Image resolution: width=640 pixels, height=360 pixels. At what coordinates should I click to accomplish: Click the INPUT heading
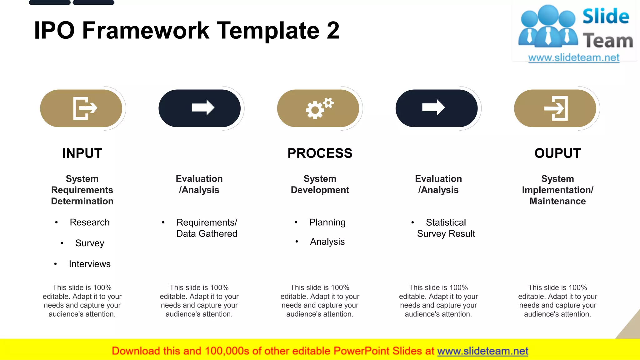82,153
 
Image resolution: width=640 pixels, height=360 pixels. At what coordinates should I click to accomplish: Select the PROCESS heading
320,153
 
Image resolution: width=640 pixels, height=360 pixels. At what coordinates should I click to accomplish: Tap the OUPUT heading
557,153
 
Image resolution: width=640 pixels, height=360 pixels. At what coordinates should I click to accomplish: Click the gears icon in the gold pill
319,108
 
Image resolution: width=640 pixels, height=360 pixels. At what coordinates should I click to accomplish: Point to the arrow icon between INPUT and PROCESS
203,108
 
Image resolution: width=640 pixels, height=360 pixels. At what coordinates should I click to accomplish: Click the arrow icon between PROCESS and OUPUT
433,108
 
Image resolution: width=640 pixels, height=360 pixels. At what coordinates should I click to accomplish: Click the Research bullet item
90,222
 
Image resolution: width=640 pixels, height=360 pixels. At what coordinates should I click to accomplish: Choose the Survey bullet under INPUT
90,243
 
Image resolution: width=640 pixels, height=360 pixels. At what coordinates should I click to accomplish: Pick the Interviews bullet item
90,264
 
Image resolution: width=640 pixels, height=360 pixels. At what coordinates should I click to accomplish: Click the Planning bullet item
327,222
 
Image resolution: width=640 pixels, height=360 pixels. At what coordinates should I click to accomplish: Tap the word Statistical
446,222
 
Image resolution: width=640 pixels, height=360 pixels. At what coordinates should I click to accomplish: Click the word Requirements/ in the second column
207,222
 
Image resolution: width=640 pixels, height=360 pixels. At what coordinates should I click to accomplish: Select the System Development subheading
320,184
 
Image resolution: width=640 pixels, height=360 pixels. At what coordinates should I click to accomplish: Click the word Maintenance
557,201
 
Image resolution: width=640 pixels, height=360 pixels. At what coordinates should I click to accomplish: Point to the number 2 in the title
333,31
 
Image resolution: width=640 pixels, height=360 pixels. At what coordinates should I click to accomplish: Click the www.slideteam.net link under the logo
574,58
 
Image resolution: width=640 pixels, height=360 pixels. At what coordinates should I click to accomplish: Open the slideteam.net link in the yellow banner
482,351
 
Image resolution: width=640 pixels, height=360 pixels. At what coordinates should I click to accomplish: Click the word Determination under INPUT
82,201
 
